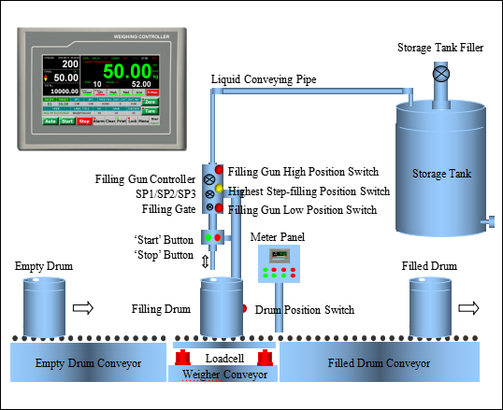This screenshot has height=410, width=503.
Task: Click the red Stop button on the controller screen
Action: tap(84, 120)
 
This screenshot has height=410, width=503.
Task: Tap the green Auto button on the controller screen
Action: tap(50, 120)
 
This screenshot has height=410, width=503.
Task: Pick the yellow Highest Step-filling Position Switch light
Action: tap(220, 190)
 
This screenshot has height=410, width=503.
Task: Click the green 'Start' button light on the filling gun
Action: tap(208, 238)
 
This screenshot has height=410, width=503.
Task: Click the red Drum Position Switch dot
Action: tap(242, 307)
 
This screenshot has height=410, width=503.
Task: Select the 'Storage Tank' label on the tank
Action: tap(441, 173)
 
